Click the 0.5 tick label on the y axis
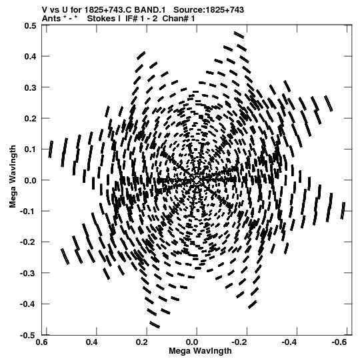[30, 25]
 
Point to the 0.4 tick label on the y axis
[30, 57]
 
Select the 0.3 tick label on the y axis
[30, 87]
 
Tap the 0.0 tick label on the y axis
[30, 180]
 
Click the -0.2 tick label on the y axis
[28, 242]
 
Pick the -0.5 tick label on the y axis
[28, 335]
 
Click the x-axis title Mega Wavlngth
[200, 352]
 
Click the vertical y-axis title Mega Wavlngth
[13, 177]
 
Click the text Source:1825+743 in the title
[209, 10]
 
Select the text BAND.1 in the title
[150, 10]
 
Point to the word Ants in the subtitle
[51, 19]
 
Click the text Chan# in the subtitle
[175, 19]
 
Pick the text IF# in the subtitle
[132, 19]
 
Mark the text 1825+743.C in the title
[109, 10]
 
